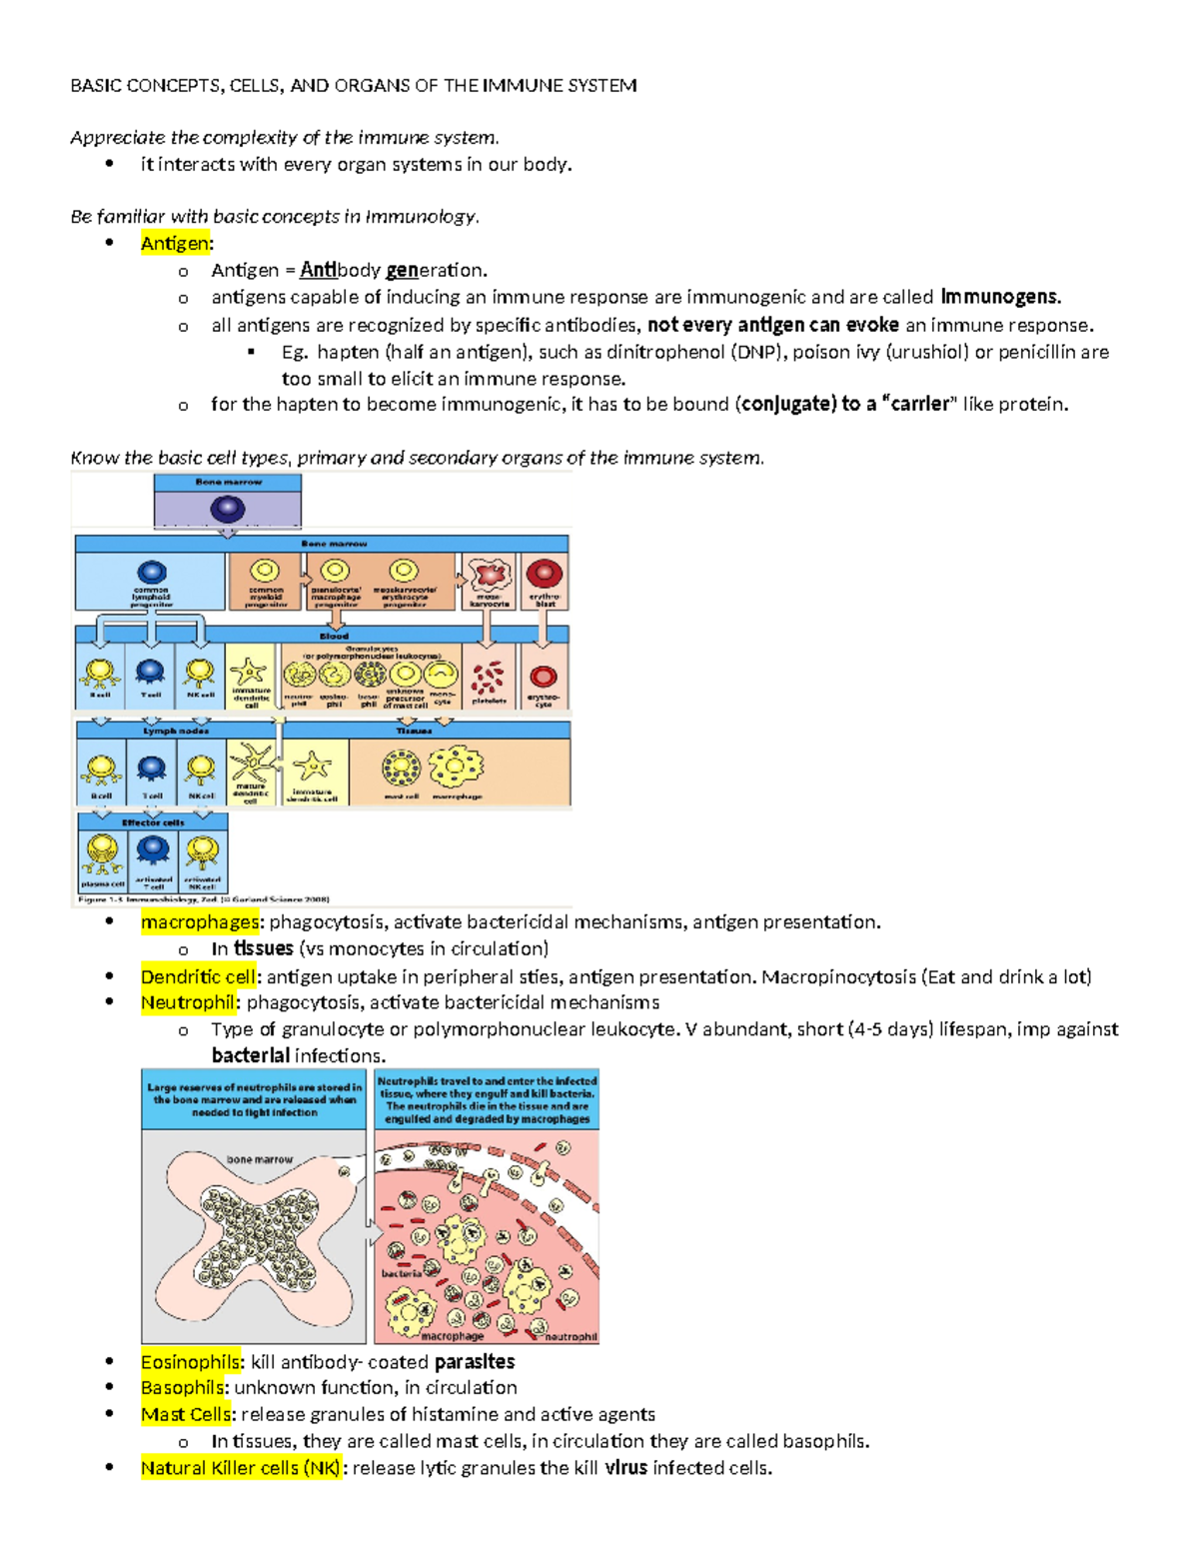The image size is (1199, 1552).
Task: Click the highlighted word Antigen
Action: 175,243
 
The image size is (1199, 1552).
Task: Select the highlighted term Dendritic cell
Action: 199,976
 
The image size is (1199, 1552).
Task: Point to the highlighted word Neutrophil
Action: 187,1002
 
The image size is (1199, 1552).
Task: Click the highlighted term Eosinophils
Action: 190,1362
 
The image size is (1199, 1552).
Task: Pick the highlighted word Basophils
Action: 182,1388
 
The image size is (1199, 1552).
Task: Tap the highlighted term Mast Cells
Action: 185,1414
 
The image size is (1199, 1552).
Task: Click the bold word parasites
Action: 475,1362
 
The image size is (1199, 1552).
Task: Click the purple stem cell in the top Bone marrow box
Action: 228,509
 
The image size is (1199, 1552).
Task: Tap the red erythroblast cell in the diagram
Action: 544,574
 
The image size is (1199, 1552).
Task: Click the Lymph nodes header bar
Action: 175,731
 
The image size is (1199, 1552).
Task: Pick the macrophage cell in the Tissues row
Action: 456,768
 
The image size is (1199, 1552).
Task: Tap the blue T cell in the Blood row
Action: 150,672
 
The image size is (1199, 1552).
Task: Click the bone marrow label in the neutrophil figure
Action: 260,1159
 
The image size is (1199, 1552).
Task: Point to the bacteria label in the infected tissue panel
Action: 401,1273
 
